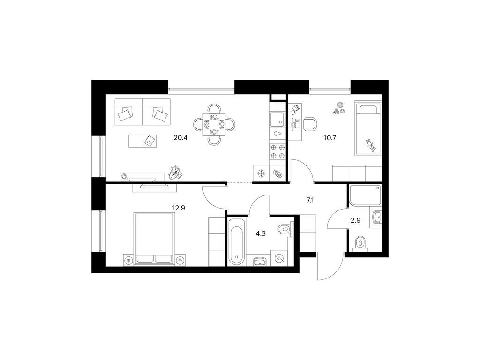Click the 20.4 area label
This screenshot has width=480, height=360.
pos(180,138)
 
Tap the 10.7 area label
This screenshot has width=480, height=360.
pos(330,138)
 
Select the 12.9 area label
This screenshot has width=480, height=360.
pos(179,208)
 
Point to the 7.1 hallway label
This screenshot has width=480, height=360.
pos(310,201)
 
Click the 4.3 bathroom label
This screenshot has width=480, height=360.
pos(261,234)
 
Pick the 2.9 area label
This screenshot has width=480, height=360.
pos(355,220)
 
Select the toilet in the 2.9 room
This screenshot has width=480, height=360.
pos(360,244)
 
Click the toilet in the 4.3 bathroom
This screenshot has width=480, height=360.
pos(285,229)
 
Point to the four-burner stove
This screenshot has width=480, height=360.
pos(277,151)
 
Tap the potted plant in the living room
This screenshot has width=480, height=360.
pos(176,172)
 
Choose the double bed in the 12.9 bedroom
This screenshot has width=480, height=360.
pos(154,238)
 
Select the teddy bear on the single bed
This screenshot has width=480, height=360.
pos(371,145)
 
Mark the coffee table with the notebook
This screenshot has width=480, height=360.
pos(142,141)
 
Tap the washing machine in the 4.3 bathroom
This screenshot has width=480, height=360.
pos(279,259)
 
